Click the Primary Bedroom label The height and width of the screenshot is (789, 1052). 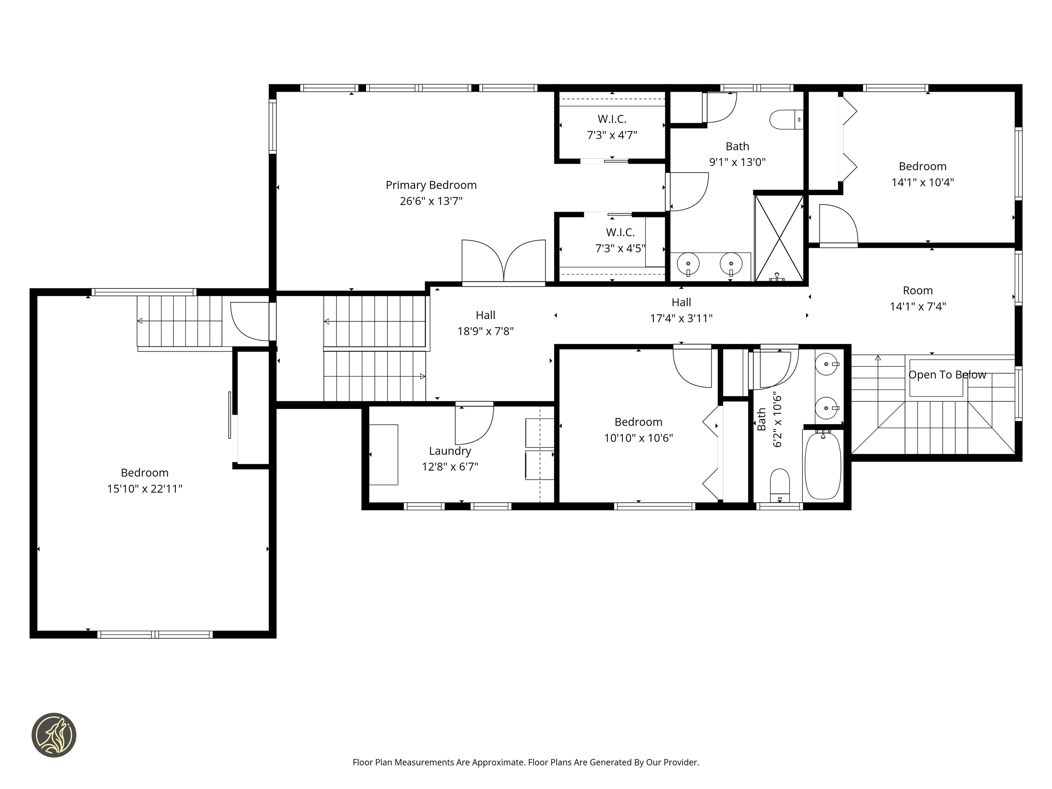pyautogui.click(x=431, y=185)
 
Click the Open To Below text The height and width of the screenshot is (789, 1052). pyautogui.click(x=947, y=375)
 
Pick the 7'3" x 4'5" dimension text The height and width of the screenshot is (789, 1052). pyautogui.click(x=620, y=248)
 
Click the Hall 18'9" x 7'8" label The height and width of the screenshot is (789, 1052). pyautogui.click(x=485, y=315)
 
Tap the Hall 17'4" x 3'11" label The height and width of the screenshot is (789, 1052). pyautogui.click(x=681, y=302)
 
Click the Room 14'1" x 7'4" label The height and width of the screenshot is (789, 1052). pyautogui.click(x=917, y=291)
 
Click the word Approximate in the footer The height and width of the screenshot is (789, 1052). pyautogui.click(x=498, y=762)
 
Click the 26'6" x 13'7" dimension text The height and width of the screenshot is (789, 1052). pyautogui.click(x=431, y=201)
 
